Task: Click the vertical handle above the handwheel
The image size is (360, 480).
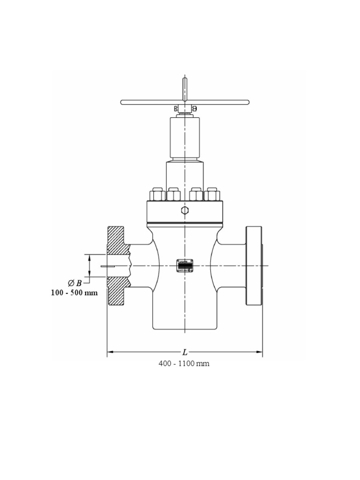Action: (x=185, y=89)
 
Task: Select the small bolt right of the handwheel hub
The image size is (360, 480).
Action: (x=194, y=109)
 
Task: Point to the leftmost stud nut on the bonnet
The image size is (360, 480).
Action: (x=156, y=194)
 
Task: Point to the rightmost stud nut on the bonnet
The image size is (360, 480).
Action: (x=213, y=194)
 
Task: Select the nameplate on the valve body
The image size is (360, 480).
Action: (x=185, y=265)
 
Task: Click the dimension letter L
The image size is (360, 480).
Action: (x=185, y=352)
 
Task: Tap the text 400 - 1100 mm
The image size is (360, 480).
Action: (x=184, y=364)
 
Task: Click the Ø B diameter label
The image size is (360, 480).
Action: (x=75, y=283)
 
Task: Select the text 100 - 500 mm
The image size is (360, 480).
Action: (x=74, y=293)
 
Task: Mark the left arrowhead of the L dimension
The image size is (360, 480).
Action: (x=110, y=352)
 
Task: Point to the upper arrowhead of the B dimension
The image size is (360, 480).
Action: (x=90, y=256)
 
